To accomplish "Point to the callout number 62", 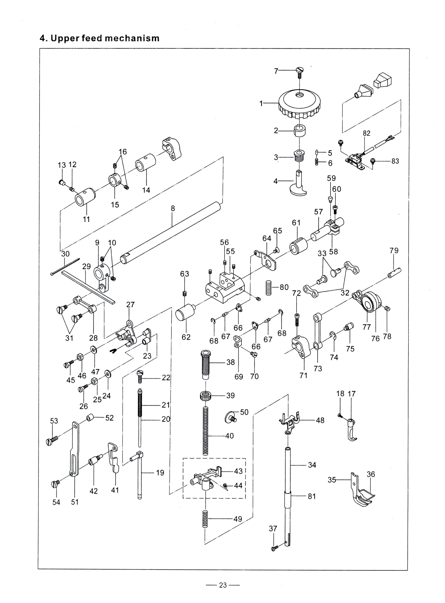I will coord(186,337).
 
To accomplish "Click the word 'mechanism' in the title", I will coord(132,39).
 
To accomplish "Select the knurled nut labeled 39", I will coord(205,396).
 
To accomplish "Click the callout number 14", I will coord(146,190).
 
